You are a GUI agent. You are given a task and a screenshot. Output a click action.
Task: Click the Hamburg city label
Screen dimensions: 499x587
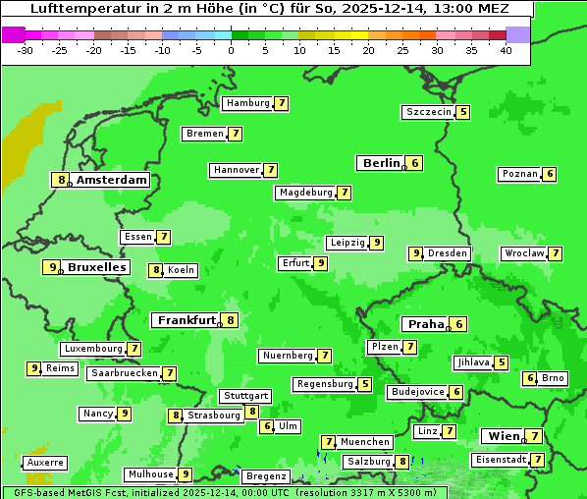247,103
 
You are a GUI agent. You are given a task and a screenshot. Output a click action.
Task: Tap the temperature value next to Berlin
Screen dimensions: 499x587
416,163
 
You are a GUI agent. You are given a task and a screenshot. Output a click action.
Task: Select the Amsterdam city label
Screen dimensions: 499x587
112,180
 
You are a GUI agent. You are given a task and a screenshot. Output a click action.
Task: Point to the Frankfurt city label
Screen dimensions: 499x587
187,320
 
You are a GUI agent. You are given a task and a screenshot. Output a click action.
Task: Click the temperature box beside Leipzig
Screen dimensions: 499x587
377,243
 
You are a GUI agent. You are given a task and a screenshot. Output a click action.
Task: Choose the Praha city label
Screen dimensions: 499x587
426,324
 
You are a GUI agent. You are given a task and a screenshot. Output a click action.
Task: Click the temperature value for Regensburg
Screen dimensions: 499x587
365,384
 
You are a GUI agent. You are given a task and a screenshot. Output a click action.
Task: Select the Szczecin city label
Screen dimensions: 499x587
429,112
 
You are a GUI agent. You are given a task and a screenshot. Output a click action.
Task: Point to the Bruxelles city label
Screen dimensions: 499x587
96,267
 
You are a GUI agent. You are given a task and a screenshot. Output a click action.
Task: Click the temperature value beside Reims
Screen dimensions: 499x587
34,368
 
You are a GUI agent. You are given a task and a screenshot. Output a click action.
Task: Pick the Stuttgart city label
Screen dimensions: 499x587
244,396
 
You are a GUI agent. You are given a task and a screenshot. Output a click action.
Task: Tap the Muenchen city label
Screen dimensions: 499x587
365,442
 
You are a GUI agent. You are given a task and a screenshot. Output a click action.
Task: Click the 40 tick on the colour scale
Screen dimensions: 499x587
506,49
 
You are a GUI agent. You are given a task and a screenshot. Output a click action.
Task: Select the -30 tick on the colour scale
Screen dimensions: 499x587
26,49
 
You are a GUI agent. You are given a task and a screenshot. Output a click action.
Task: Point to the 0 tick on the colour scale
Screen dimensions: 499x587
231,49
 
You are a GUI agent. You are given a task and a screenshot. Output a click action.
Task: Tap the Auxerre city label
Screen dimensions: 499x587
45,462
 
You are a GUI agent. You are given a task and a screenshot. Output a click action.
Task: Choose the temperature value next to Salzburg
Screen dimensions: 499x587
402,462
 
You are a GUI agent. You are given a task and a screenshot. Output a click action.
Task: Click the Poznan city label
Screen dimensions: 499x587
520,174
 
